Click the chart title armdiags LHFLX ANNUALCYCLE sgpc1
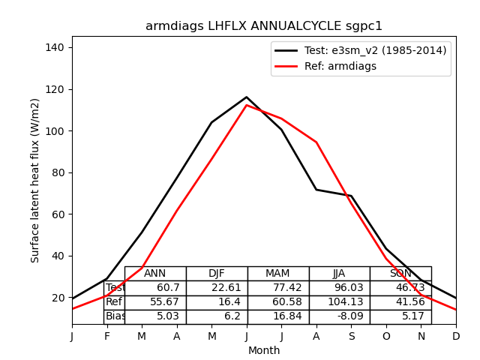(264, 26)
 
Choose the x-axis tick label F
(106, 337)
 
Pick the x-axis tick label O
(386, 337)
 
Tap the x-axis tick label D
(456, 337)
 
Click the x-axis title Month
(264, 350)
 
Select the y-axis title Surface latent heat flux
(35, 180)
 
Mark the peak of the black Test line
(246, 97)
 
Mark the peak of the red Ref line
(246, 105)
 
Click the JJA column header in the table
(340, 274)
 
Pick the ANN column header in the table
(155, 274)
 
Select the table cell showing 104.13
(340, 302)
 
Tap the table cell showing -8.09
(340, 316)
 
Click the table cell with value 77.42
(278, 288)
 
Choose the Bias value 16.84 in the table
(278, 316)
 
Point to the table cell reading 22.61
(217, 288)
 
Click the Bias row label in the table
(115, 316)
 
